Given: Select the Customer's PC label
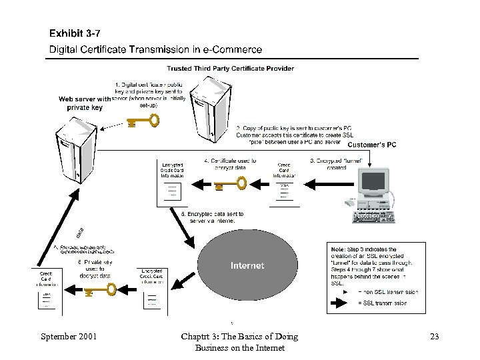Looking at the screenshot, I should tap(372, 145).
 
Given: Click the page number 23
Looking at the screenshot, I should tap(435, 336).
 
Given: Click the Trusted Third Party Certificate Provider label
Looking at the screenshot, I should tap(230, 68).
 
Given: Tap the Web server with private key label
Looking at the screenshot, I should tap(85, 103).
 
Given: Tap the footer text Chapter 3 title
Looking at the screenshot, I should tap(239, 341).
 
